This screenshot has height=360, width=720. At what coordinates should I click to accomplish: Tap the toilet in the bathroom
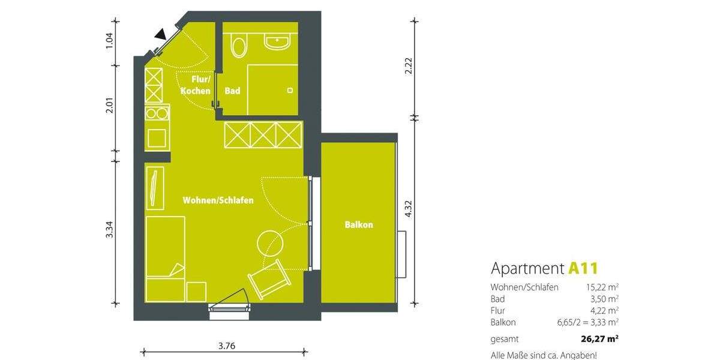[x=238, y=46]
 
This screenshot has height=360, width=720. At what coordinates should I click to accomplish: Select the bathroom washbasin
[x=277, y=42]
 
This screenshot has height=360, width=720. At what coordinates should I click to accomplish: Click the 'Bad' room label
[x=232, y=91]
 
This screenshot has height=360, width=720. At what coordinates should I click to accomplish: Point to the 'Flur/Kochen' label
[x=196, y=85]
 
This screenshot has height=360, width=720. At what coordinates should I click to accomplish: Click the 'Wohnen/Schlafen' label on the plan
[x=218, y=200]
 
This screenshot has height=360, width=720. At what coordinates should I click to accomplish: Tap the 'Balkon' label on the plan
[x=359, y=225]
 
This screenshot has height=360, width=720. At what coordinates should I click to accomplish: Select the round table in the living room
[x=269, y=244]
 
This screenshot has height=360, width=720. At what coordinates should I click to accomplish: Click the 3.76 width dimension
[x=226, y=346]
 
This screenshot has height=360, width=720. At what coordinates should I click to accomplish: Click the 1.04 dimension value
[x=109, y=40]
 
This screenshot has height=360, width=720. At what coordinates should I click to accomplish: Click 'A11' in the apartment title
[x=584, y=268]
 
